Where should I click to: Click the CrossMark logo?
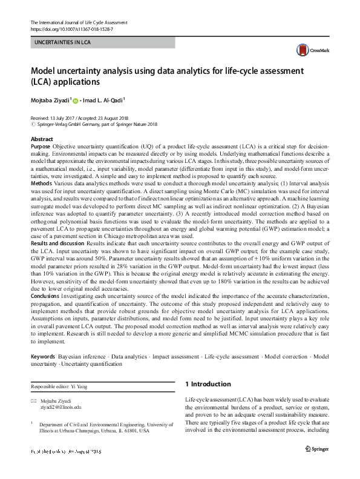[309, 51]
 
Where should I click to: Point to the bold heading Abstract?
[42, 139]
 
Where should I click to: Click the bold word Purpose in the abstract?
[41, 147]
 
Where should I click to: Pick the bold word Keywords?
[43, 357]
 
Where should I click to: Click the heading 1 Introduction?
[207, 384]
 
